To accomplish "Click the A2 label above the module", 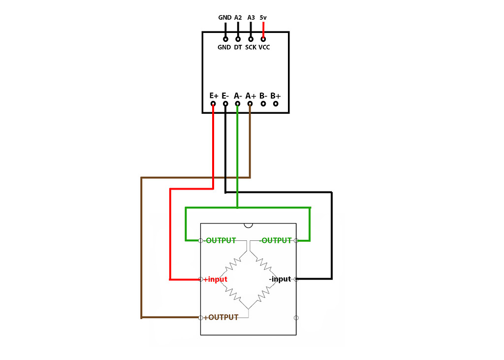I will click(x=238, y=17).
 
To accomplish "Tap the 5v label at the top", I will click(x=263, y=17).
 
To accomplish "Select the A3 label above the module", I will click(x=251, y=17).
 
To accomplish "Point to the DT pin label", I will click(x=238, y=47).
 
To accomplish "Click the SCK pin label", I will click(x=251, y=47).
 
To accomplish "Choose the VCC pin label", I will click(x=264, y=47).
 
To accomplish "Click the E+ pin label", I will click(x=214, y=95).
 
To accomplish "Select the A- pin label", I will click(x=238, y=95).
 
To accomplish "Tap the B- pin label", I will click(x=263, y=95).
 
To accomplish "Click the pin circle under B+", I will click(x=276, y=103).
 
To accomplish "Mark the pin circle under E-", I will click(x=225, y=103).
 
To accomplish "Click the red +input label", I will click(x=215, y=279).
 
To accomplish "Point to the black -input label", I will click(x=280, y=279).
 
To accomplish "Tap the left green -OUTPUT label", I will click(x=219, y=240).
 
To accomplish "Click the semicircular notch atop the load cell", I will click(x=248, y=225).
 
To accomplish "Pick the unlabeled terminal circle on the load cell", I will click(x=296, y=318).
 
